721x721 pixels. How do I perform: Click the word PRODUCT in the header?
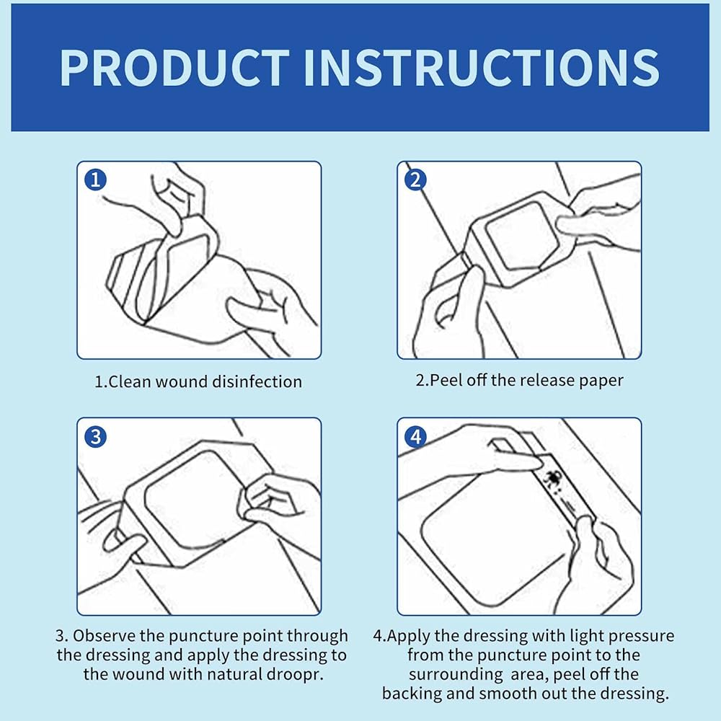click(175, 68)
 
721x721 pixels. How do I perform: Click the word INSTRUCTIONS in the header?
click(482, 68)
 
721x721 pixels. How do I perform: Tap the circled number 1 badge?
click(96, 180)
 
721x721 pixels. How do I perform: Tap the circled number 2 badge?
click(416, 180)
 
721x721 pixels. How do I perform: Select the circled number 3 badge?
click(96, 436)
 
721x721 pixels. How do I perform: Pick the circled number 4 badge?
click(416, 436)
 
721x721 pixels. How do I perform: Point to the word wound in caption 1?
click(179, 382)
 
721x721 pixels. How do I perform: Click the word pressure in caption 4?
click(642, 637)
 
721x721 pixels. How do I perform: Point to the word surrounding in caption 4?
click(456, 675)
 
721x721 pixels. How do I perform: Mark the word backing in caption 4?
click(411, 694)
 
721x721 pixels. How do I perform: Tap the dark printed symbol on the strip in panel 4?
click(549, 479)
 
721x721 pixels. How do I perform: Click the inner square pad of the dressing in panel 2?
click(522, 236)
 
